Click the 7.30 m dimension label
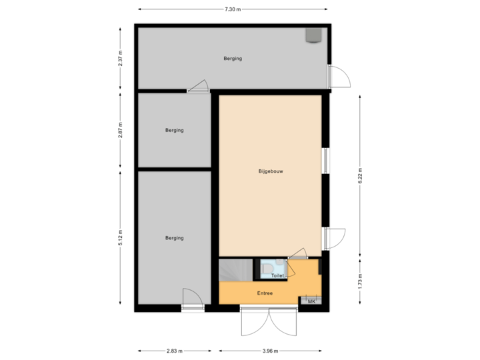point(232,9)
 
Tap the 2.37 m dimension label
point(120,59)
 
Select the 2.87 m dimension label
point(120,129)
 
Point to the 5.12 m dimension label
point(120,238)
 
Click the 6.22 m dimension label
point(360,175)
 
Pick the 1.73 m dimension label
point(360,281)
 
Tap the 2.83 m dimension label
point(175,351)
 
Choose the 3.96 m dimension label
point(270,351)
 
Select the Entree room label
point(265,293)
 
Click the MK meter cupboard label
point(311,301)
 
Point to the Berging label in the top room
point(233,59)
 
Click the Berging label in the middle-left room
point(175,130)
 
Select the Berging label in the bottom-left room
point(175,238)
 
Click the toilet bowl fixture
point(266,269)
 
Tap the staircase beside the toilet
point(234,271)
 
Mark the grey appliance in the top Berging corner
point(312,35)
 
